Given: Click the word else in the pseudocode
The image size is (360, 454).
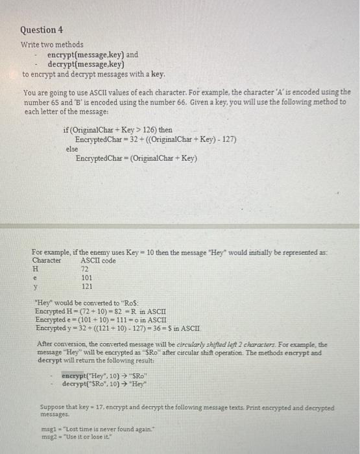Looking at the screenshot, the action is [x=72, y=149].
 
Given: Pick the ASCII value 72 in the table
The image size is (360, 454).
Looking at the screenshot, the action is [x=84, y=269].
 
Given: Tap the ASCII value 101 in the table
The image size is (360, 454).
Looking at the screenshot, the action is [x=86, y=277].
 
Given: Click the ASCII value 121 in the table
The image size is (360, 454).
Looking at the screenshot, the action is [x=86, y=285].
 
